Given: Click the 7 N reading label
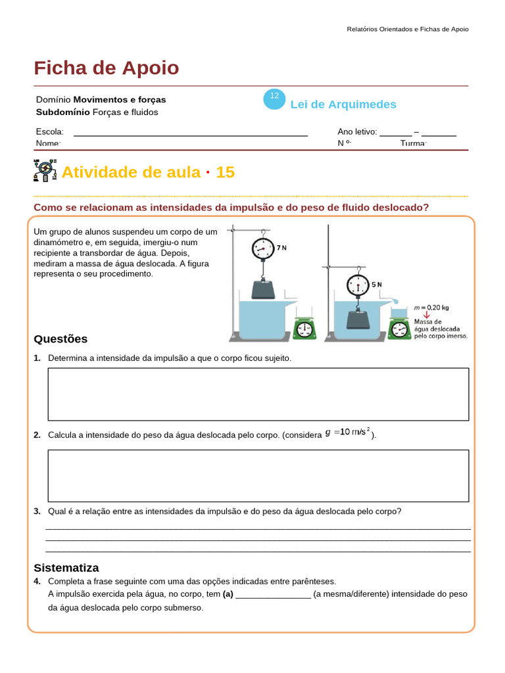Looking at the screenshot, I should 281,248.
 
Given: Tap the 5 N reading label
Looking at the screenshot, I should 377,285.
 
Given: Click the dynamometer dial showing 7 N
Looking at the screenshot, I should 262,248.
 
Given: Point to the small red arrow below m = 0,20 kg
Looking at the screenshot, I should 426,313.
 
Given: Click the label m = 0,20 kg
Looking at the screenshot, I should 431,306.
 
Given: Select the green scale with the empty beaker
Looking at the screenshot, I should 304,328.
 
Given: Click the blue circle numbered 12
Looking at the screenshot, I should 274,99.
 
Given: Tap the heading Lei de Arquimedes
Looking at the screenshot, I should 343,104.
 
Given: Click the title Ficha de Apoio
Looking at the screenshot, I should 106,68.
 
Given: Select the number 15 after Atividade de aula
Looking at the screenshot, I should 225,172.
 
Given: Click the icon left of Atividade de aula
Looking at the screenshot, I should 45,170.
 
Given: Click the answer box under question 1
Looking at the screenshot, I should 258,394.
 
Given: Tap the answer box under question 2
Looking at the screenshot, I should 258,475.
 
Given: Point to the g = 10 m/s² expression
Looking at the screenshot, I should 348,432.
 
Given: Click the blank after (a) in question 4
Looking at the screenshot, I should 273,594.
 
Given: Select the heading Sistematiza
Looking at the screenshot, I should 66,567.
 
